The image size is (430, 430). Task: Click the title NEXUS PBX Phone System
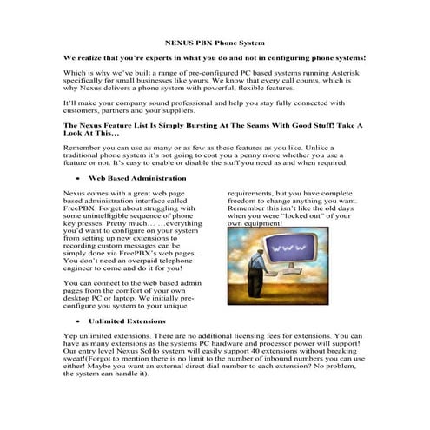[x=215, y=43]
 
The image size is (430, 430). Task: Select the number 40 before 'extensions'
[x=242, y=353]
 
